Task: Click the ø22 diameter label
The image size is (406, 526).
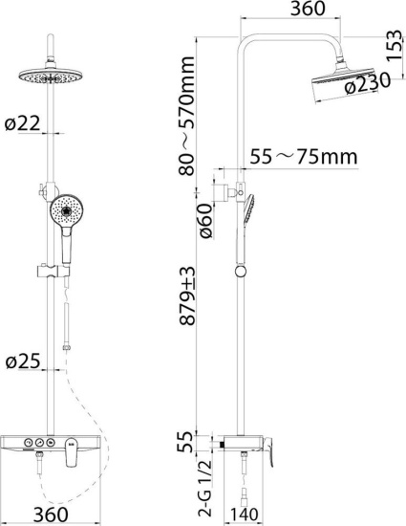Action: pos(22,123)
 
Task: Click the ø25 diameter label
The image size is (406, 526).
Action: pos(23,361)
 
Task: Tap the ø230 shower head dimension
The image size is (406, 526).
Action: pos(368,83)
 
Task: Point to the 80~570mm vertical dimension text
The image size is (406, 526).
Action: pos(186,116)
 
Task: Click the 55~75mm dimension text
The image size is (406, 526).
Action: pos(304,156)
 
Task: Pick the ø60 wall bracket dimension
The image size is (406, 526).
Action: pos(205,221)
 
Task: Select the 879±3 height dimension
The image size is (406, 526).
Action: pos(186,296)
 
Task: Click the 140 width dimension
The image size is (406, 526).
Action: pos(244,515)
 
